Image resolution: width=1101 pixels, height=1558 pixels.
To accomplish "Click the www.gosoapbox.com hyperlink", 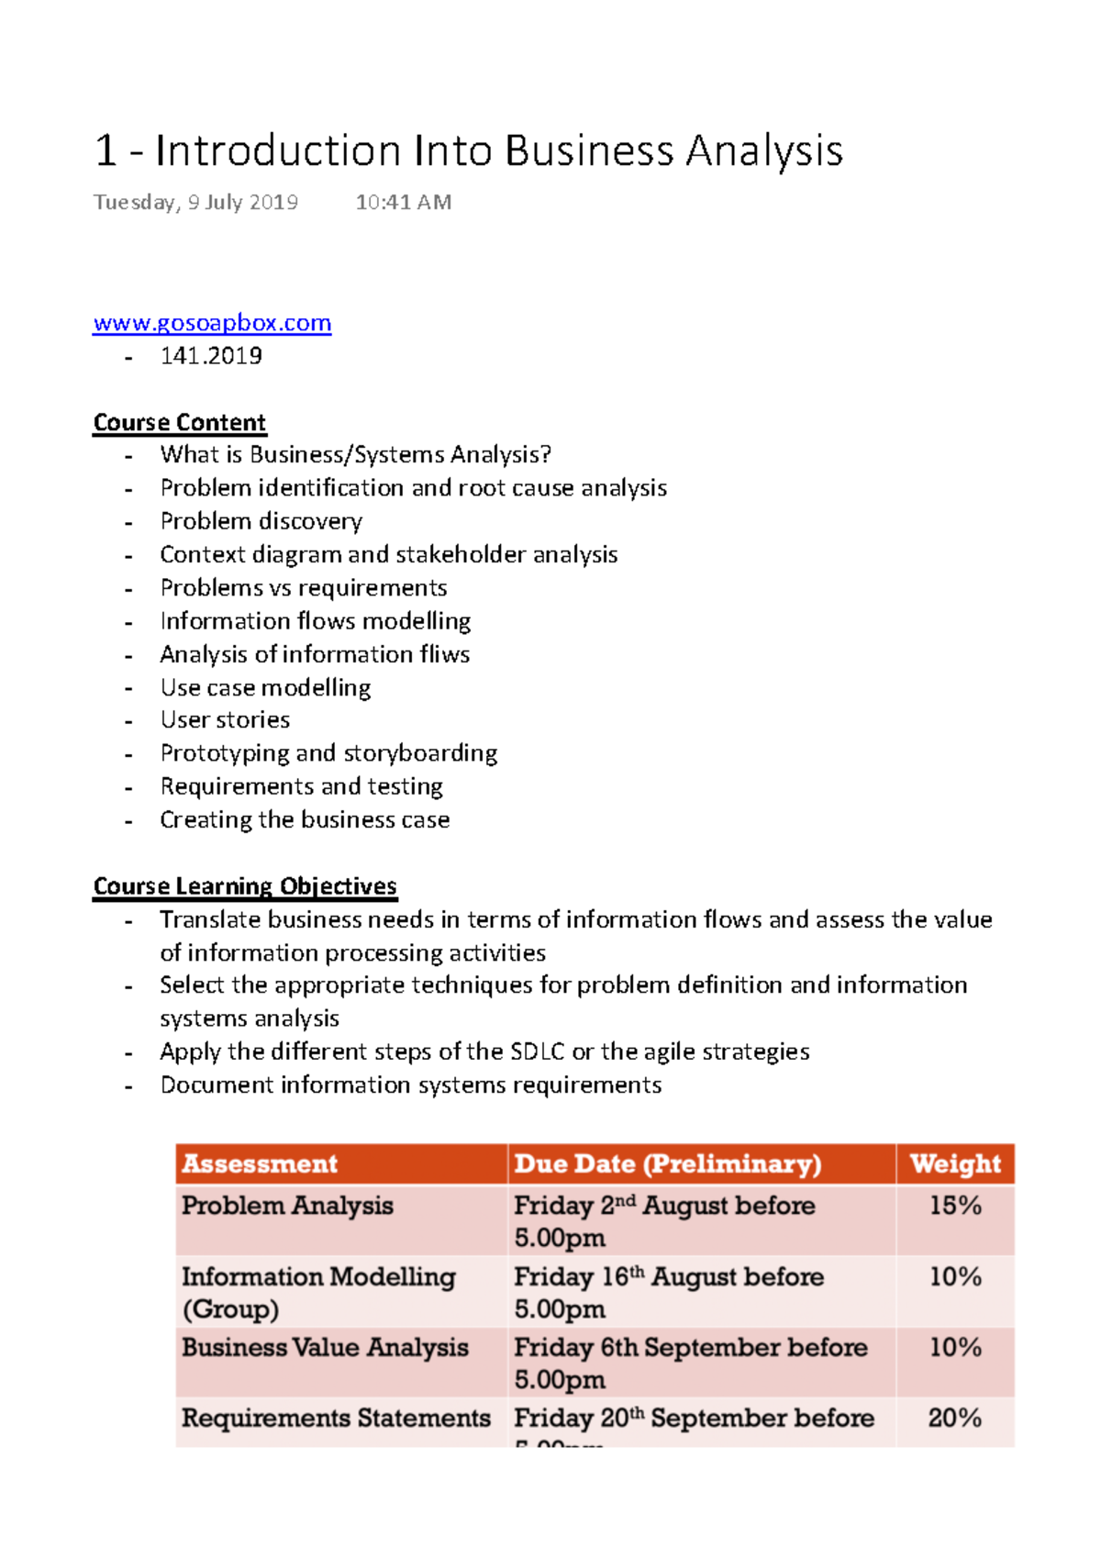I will (212, 323).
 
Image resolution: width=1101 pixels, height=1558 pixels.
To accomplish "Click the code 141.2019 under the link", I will (211, 356).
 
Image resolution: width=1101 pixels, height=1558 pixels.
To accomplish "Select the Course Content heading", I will (180, 423).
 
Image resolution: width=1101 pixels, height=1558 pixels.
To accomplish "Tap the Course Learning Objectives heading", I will (245, 886).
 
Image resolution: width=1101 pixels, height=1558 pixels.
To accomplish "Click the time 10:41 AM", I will (404, 203).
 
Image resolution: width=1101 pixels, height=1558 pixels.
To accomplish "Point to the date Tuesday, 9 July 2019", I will (195, 203).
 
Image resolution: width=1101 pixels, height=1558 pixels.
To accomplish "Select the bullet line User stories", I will (225, 720).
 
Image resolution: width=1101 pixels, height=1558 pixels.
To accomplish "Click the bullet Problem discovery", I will (261, 521).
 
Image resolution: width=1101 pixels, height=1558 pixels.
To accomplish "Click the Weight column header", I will (955, 1163).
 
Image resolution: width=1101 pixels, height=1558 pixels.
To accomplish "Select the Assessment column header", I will (260, 1163).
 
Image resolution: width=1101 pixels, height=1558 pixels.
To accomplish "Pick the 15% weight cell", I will (955, 1206).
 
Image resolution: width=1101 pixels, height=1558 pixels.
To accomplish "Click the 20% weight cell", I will (955, 1419).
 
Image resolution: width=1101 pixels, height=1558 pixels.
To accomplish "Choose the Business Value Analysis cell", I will (325, 1348).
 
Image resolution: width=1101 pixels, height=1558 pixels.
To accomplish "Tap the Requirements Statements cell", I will (336, 1419).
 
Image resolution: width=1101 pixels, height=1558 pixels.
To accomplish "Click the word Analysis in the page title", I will (764, 151).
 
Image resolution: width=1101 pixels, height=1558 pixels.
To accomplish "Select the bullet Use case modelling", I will (265, 687).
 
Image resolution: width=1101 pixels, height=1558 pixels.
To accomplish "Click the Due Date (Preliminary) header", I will (667, 1163).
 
